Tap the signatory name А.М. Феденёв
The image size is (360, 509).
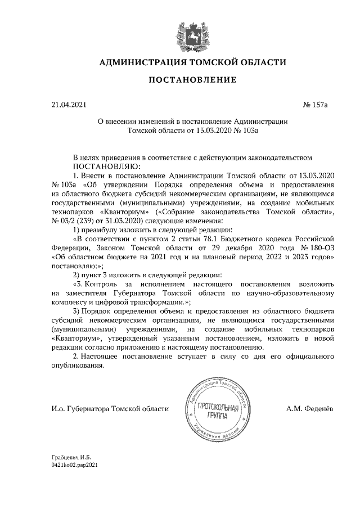click(x=309, y=408)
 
